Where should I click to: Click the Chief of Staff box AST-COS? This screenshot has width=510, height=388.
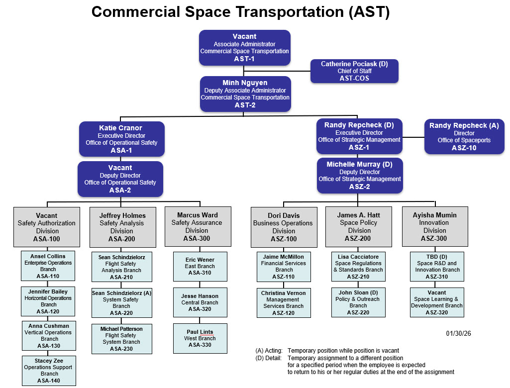(x=354, y=71)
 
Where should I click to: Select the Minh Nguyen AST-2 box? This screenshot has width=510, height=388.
(x=245, y=94)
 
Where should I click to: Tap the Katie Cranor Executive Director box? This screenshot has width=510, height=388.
(x=121, y=139)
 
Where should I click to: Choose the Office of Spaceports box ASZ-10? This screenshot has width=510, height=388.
(x=464, y=136)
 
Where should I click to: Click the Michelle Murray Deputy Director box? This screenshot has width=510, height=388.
(x=359, y=175)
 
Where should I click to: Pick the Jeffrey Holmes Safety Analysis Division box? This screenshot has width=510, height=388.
(x=122, y=227)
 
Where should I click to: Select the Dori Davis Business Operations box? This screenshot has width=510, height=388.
(x=284, y=227)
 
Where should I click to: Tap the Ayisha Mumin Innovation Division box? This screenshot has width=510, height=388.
(x=434, y=226)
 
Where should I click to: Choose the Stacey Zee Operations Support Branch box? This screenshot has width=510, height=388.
(x=49, y=370)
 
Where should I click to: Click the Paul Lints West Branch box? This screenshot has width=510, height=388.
(x=200, y=338)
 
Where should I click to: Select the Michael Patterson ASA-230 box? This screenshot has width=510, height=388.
(x=121, y=339)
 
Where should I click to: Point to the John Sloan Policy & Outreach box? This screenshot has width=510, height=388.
(x=359, y=302)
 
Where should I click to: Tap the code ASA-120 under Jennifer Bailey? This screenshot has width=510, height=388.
(x=48, y=311)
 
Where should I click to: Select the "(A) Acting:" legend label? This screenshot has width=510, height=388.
(x=269, y=351)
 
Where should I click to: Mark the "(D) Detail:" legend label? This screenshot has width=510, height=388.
(x=269, y=358)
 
